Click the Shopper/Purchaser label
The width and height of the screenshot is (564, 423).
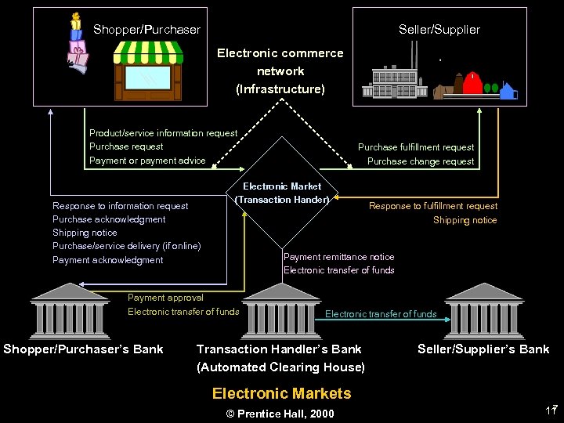pyautogui.click(x=146, y=30)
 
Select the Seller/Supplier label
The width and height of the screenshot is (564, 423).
pyautogui.click(x=439, y=30)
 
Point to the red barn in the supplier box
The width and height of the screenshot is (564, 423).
pyautogui.click(x=472, y=82)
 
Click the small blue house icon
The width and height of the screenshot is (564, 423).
pyautogui.click(x=508, y=92)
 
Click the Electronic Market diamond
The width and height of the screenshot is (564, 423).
pyautogui.click(x=281, y=193)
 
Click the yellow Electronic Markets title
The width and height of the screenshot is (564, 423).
pyautogui.click(x=281, y=393)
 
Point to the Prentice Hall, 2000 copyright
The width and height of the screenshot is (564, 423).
pyautogui.click(x=280, y=414)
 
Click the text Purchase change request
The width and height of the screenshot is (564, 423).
pyautogui.click(x=420, y=161)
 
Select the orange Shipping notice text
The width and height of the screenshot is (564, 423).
pyautogui.click(x=465, y=220)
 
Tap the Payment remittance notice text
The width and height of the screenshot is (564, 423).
pyautogui.click(x=338, y=257)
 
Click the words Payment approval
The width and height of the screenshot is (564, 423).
pyautogui.click(x=165, y=298)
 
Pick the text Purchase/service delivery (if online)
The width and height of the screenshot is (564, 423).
pyautogui.click(x=126, y=246)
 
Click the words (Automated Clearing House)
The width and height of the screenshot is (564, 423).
pyautogui.click(x=280, y=367)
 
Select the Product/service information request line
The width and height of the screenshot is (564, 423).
pyautogui.click(x=163, y=133)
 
